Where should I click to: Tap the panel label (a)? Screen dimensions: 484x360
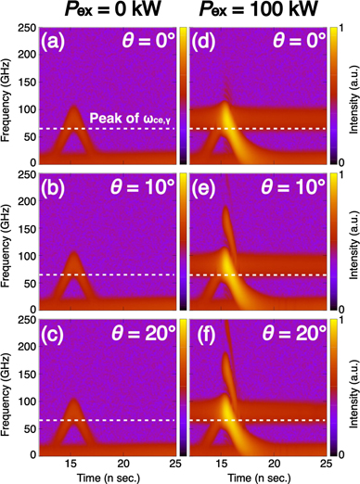click(58, 43)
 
